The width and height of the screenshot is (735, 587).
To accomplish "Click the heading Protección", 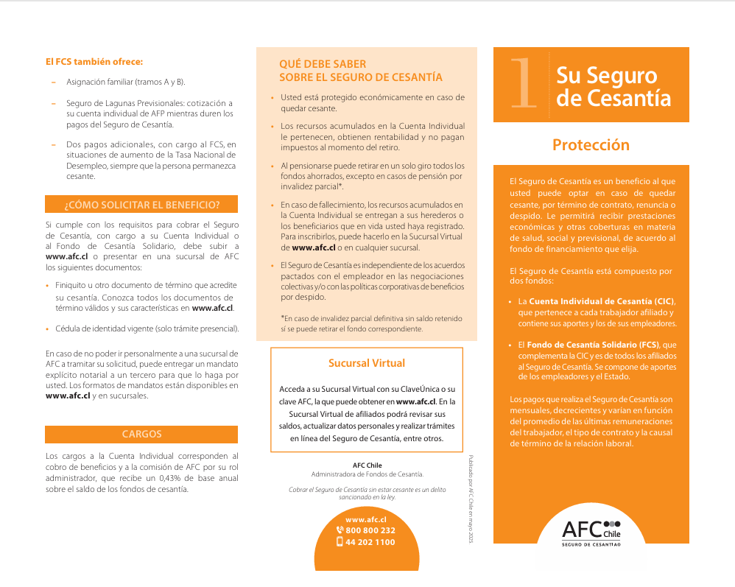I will click(x=591, y=145).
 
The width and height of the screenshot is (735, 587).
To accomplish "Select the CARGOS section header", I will click(x=141, y=434).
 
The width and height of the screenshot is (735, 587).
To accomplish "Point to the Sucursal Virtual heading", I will click(x=366, y=362).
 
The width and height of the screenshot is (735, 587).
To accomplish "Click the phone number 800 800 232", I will click(x=370, y=530).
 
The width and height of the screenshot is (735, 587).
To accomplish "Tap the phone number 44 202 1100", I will click(x=370, y=542).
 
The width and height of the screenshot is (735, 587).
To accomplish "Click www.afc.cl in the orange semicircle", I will click(x=366, y=519).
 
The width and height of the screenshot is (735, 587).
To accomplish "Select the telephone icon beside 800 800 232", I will click(x=340, y=530).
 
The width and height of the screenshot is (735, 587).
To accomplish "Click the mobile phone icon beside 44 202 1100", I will click(x=340, y=542).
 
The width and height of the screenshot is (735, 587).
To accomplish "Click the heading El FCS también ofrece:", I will click(x=94, y=61).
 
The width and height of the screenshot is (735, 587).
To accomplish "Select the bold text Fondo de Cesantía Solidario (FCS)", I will click(x=593, y=345).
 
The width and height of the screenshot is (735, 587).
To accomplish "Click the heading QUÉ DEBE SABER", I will click(x=323, y=64).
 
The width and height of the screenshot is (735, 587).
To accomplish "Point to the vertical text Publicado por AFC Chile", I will click(x=471, y=500).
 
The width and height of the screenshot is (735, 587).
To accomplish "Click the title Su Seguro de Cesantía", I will click(x=613, y=86).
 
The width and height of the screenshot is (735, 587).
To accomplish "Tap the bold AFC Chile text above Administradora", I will click(x=367, y=465).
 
